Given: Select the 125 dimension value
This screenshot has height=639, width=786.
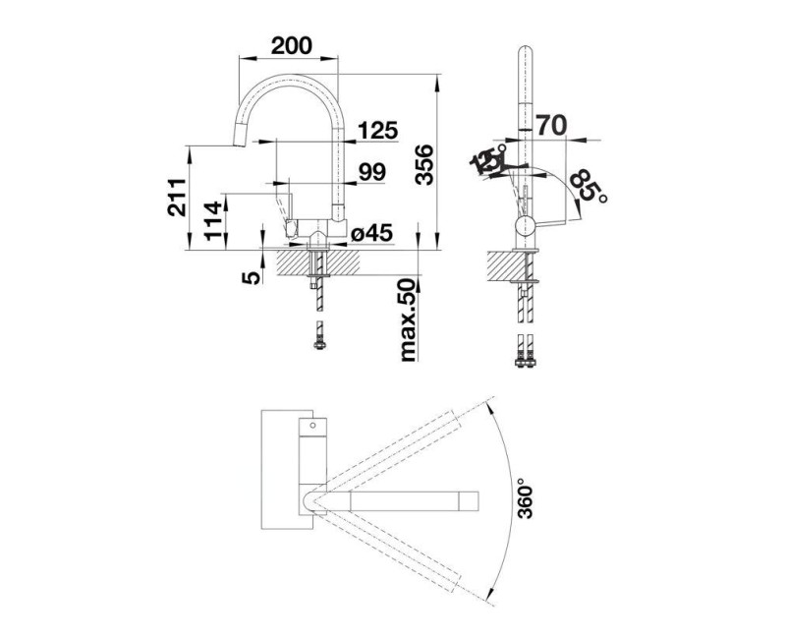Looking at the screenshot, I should click(377, 129).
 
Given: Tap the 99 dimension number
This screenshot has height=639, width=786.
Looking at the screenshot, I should click(371, 172).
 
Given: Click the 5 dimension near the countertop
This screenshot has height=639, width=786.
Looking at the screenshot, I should click(252, 277).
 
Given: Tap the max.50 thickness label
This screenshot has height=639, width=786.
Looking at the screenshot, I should click(410, 319).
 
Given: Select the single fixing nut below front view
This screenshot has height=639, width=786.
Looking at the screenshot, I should click(317, 339).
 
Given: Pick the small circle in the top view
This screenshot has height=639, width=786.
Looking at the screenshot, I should click(313, 428).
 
